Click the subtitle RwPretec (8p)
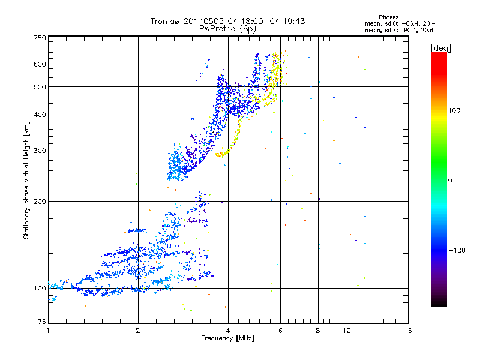228,28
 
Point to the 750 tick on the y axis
40,38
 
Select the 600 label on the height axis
40,64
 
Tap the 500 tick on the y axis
40,87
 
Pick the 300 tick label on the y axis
40,151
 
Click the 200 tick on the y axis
40,202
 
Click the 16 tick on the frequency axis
408,331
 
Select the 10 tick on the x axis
346,331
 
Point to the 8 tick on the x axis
318,331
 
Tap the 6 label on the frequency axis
280,331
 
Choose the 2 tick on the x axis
138,331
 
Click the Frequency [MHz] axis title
228,338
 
